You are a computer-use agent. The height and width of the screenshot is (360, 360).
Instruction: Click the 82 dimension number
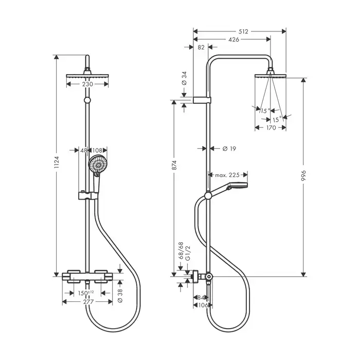click(201, 47)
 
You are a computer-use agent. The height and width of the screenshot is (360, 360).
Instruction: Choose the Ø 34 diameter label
click(184, 79)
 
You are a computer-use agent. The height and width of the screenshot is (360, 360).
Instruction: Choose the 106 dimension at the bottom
click(203, 305)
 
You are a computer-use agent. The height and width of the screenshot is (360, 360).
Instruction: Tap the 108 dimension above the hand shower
click(98, 150)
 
